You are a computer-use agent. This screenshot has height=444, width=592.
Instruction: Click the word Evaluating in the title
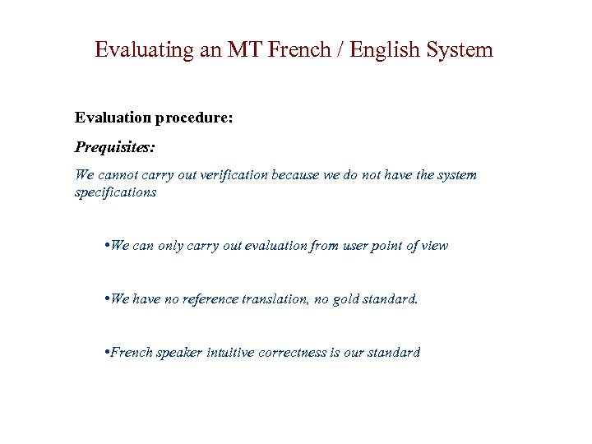144,50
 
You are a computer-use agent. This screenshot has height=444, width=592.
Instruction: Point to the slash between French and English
340,50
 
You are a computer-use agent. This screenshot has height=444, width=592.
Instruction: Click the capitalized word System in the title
460,50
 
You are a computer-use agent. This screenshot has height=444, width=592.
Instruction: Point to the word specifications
115,192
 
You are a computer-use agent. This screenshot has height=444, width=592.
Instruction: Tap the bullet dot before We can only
108,246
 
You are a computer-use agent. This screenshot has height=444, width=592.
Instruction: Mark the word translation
279,299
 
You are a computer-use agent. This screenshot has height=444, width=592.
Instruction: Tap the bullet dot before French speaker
108,353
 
